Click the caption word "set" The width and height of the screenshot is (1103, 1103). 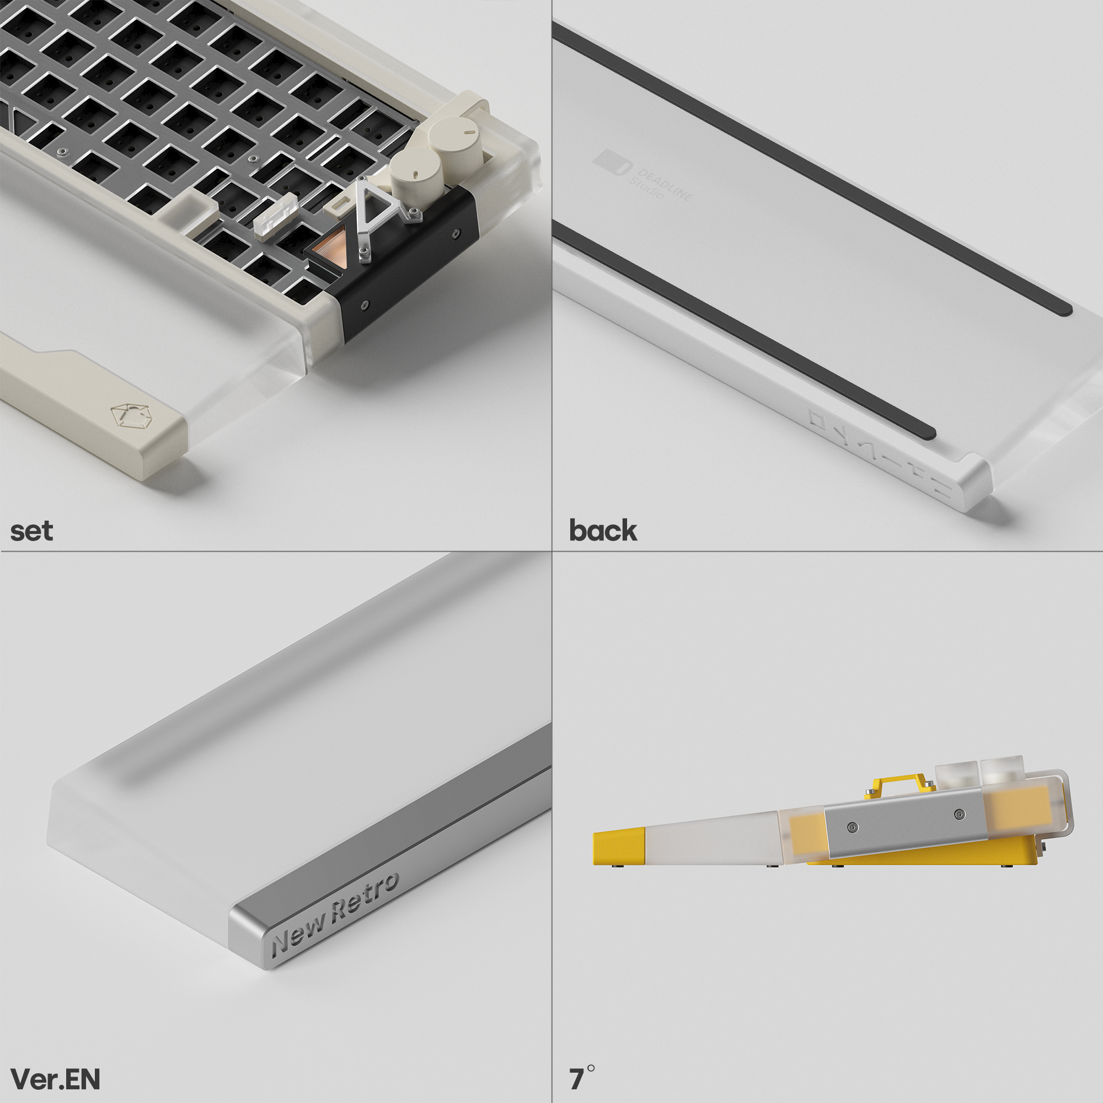click(32, 532)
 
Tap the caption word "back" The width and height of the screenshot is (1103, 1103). click(603, 531)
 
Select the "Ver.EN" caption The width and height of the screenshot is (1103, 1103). click(55, 1079)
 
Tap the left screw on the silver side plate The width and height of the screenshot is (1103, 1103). click(853, 827)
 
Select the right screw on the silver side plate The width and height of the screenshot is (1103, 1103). click(960, 813)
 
